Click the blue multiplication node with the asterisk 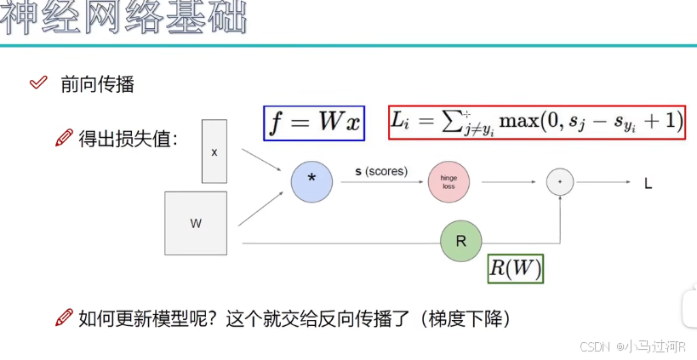click(311, 182)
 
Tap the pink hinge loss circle click(448, 182)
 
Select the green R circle click(461, 241)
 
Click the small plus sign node click(559, 181)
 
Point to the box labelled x click(214, 151)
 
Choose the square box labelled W click(196, 223)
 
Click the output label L click(648, 182)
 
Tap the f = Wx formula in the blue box click(314, 123)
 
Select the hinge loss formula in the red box click(536, 123)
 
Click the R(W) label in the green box click(515, 269)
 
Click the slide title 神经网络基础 click(123, 20)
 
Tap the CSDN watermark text click(632, 346)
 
